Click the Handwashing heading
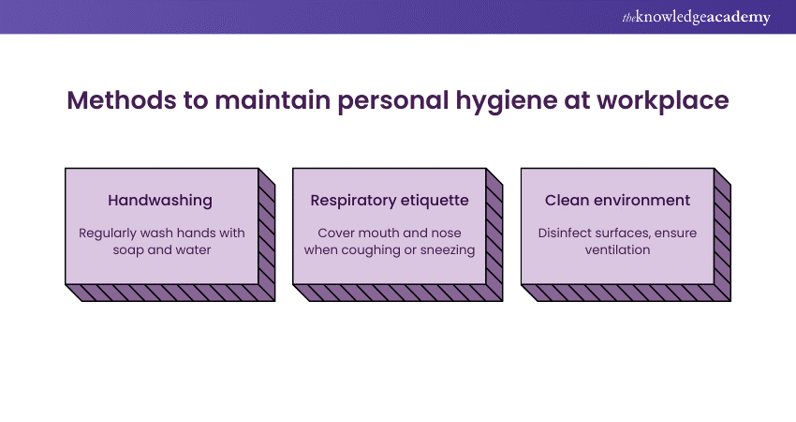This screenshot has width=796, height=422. [x=161, y=200]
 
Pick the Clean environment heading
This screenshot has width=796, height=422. [x=618, y=200]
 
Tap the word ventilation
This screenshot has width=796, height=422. [x=618, y=250]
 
